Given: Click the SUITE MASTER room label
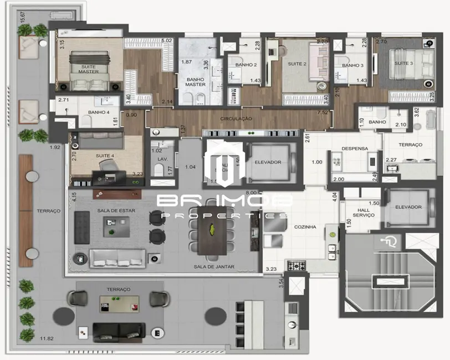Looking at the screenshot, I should coord(89,69).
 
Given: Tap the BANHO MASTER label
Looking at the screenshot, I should coord(195,82).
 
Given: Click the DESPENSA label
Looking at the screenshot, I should coord(355,148).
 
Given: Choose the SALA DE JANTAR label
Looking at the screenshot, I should coord(214,266).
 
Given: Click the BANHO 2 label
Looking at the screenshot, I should coord(246,65).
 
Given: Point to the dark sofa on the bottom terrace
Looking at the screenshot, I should coord(119,331).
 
